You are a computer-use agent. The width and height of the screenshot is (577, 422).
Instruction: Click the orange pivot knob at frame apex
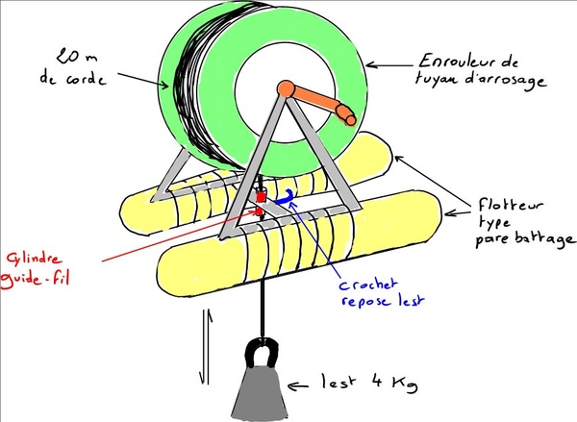tap(285, 89)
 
